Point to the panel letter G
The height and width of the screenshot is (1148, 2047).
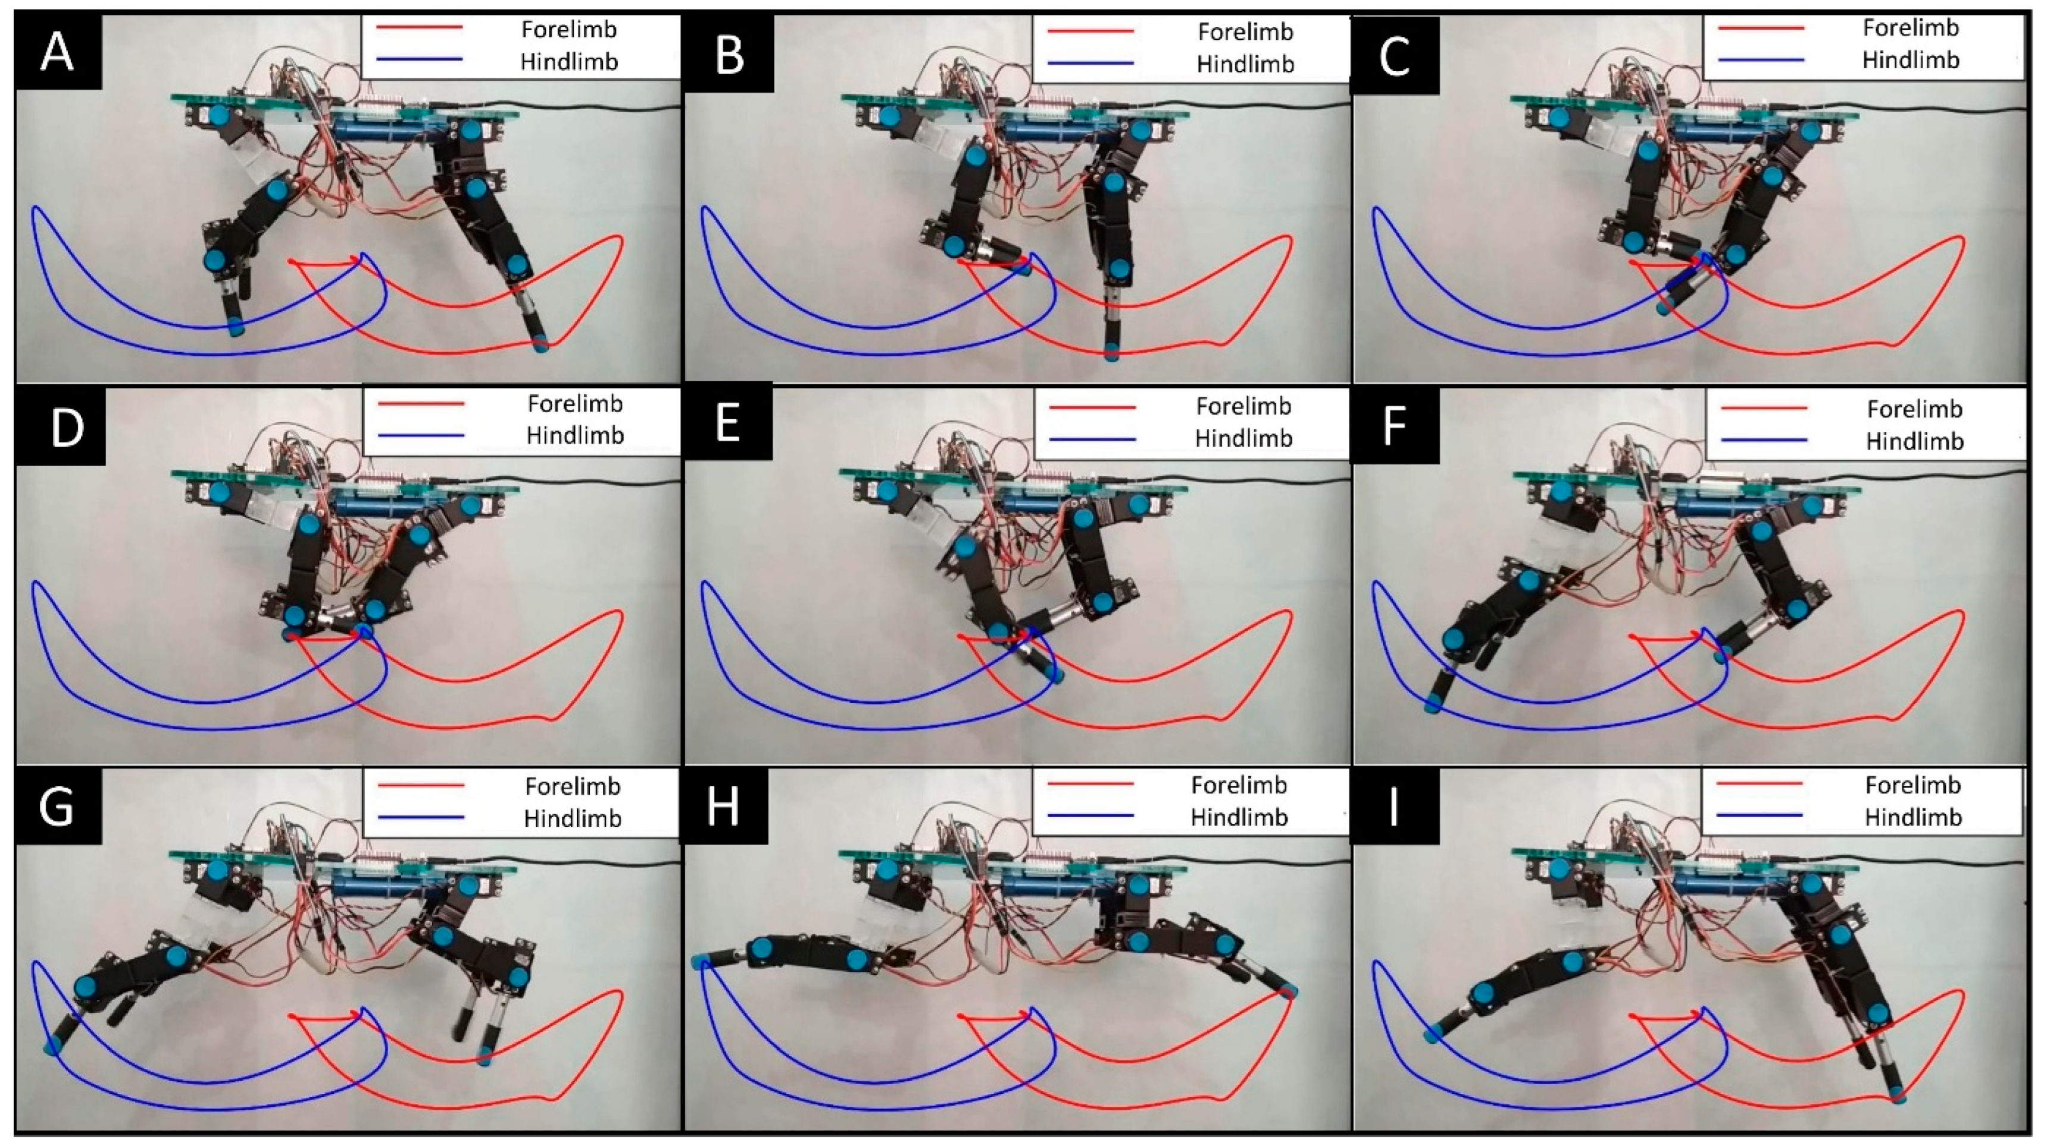tap(57, 807)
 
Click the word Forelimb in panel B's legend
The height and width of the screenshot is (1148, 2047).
tap(1245, 32)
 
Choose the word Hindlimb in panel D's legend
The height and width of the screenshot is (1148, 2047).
tap(574, 436)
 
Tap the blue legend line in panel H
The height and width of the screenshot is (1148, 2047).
tap(1090, 816)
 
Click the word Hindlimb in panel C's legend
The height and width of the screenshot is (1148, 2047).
tap(1910, 60)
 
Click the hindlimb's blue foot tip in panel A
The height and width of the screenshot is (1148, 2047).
tap(235, 327)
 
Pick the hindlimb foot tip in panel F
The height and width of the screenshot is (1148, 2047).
tap(1433, 704)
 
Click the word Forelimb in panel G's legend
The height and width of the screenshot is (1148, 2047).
tap(572, 787)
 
